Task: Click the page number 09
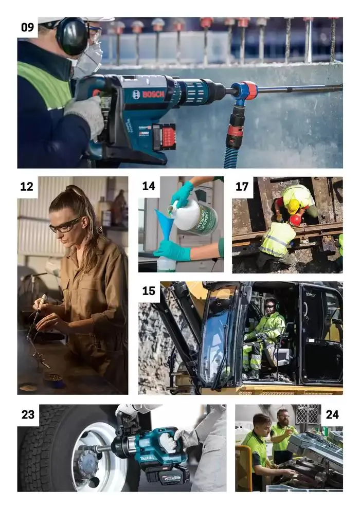click(x=27, y=27)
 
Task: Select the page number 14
click(x=149, y=186)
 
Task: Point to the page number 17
click(x=242, y=186)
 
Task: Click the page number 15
click(x=149, y=291)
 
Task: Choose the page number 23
click(x=28, y=414)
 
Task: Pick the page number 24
click(x=332, y=414)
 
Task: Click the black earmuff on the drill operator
click(x=71, y=36)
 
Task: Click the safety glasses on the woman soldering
click(x=65, y=225)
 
